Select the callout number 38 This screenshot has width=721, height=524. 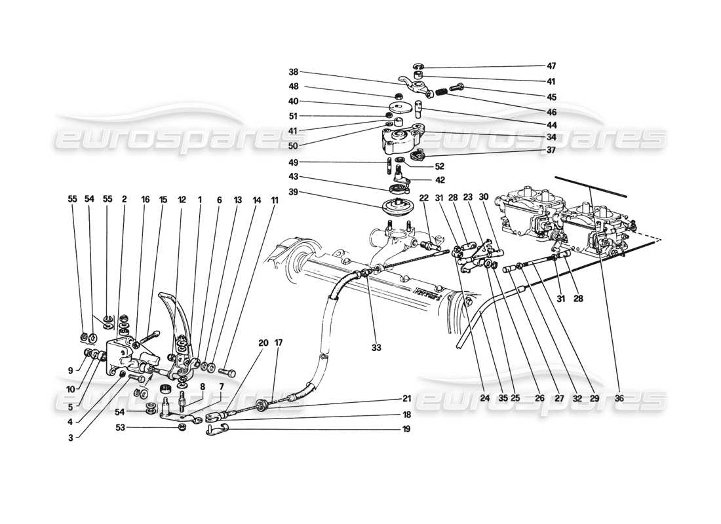(x=293, y=73)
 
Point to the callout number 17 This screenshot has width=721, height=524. (x=279, y=343)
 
